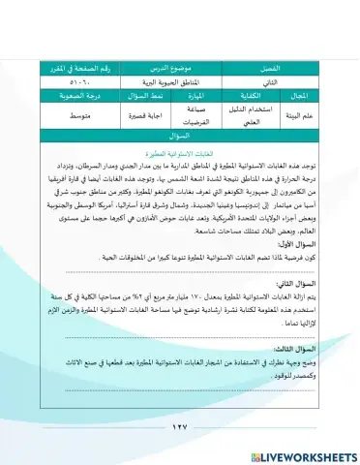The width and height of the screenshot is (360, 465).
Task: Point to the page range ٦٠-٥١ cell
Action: pyautogui.click(x=74, y=84)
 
